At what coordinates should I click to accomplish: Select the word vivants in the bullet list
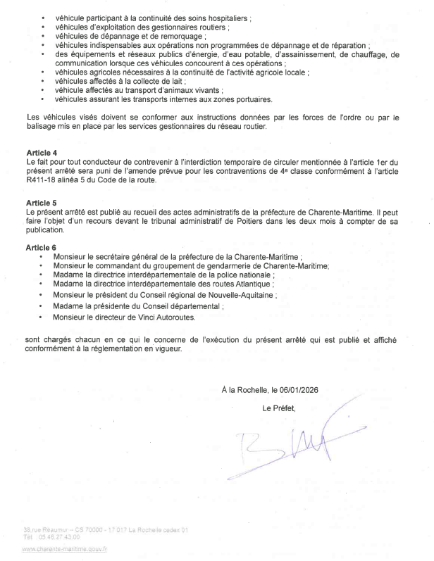(209, 90)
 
